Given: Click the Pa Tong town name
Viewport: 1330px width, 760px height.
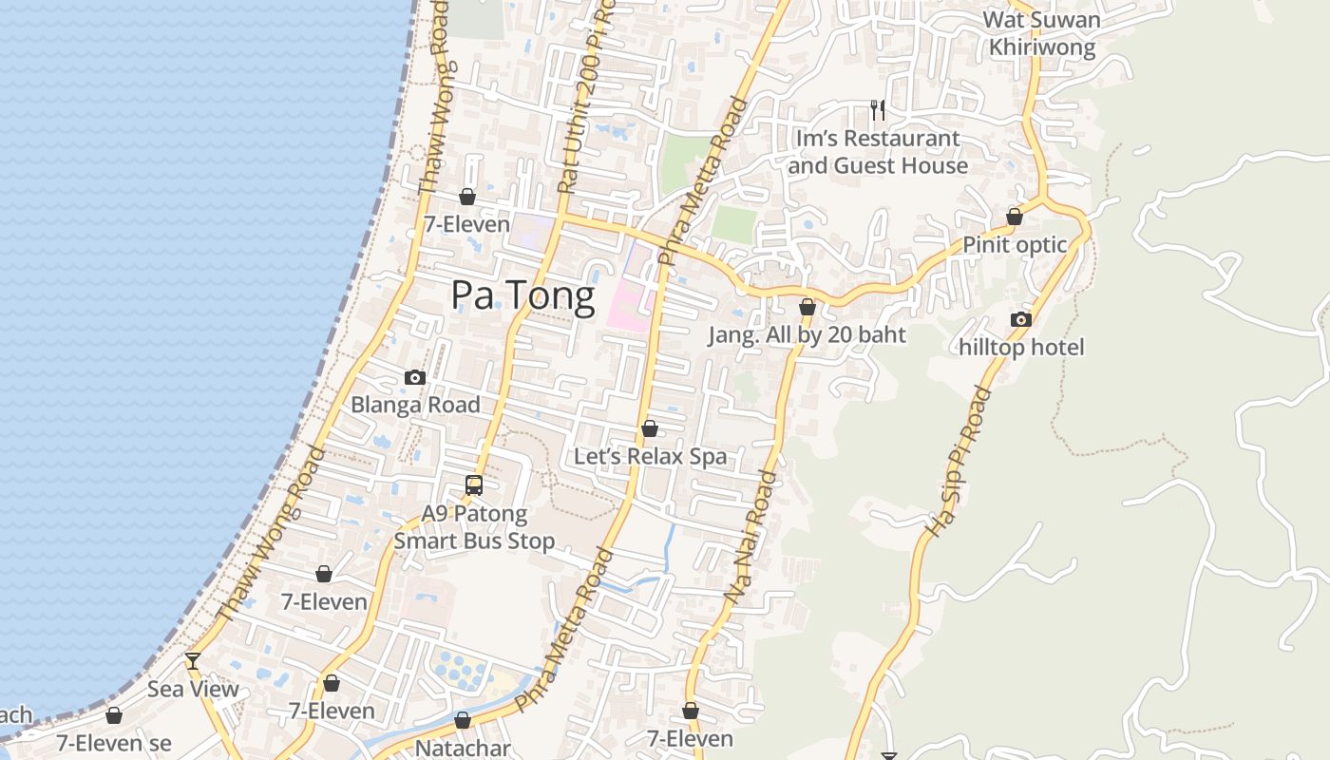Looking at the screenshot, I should tap(522, 295).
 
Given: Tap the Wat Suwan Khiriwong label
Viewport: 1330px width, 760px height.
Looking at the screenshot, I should tap(1042, 33).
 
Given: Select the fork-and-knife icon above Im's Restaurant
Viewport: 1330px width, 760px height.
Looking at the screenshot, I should tap(878, 110).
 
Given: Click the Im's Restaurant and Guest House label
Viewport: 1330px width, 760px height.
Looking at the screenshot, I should tap(878, 152).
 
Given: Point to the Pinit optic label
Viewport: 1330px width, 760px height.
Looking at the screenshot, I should tap(1016, 245).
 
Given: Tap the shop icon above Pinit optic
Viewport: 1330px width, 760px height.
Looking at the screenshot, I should tap(1015, 217).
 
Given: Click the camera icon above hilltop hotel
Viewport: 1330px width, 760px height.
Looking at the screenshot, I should tap(1021, 319).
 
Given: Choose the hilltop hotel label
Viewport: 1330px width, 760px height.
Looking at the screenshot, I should tap(1021, 348).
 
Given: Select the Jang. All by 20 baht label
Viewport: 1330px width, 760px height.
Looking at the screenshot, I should tap(807, 334).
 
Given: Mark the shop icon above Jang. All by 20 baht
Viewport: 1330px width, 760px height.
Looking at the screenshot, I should tap(807, 307).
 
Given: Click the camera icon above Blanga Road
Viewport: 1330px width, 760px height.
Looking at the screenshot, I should tap(414, 377).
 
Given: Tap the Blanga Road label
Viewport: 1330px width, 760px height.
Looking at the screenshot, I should tap(415, 405).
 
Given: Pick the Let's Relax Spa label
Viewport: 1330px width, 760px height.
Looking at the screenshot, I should tap(650, 456).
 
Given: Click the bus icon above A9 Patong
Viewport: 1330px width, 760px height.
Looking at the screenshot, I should tap(474, 485).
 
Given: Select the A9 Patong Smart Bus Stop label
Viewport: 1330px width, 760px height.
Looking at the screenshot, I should tap(474, 527).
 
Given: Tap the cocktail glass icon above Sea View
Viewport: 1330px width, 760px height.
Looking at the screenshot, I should tap(193, 660).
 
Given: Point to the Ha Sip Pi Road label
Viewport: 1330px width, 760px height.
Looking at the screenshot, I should tap(958, 461).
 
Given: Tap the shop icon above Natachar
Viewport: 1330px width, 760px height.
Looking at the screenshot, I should tap(463, 720).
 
